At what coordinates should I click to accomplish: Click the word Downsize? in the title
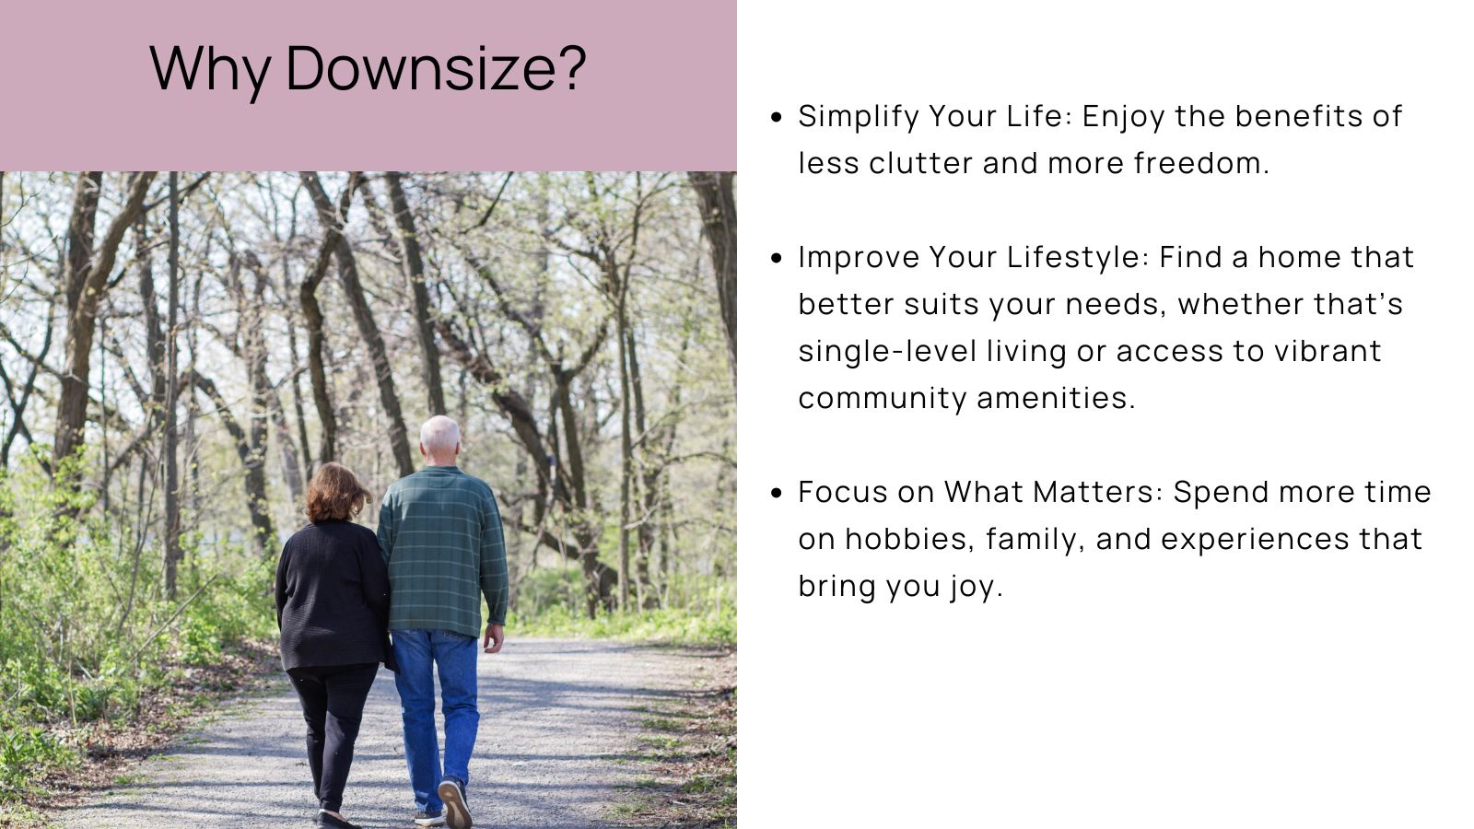click(436, 69)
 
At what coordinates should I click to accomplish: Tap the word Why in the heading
click(210, 69)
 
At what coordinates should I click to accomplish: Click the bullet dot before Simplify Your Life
click(777, 117)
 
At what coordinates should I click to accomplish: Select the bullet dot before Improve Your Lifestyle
click(777, 258)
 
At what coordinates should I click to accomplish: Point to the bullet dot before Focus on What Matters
click(777, 493)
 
